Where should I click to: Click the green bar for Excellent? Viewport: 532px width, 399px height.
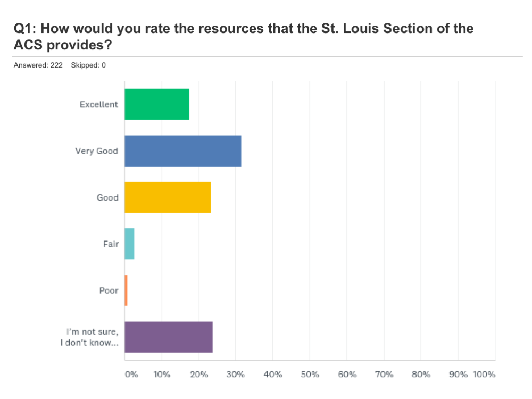tap(157, 104)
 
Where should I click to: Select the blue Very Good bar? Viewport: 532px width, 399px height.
tap(183, 151)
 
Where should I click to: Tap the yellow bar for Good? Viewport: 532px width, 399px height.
tap(168, 197)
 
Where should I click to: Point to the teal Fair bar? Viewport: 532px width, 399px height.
tap(129, 244)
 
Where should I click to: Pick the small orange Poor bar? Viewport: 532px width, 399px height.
tap(126, 290)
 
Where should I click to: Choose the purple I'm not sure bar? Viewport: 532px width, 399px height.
tap(169, 337)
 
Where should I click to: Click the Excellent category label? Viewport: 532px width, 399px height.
tap(99, 104)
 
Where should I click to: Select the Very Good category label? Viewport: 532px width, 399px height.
tap(96, 151)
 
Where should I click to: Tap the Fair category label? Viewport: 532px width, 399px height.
tap(111, 244)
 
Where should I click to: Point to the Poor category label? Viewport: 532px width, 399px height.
tap(109, 290)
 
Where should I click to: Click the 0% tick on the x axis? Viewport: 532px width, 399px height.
tap(131, 375)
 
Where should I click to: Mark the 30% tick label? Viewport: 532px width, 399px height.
tap(235, 375)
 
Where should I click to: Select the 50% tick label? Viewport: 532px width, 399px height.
tap(310, 375)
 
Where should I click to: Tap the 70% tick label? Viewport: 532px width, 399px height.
tap(384, 375)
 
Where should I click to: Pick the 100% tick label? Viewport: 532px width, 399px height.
tap(484, 375)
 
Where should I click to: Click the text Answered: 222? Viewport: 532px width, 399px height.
tap(38, 65)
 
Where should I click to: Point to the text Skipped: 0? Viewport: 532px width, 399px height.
tap(88, 65)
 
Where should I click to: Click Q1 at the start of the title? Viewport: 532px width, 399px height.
tap(24, 29)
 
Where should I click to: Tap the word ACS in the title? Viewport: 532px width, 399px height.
tap(30, 46)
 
